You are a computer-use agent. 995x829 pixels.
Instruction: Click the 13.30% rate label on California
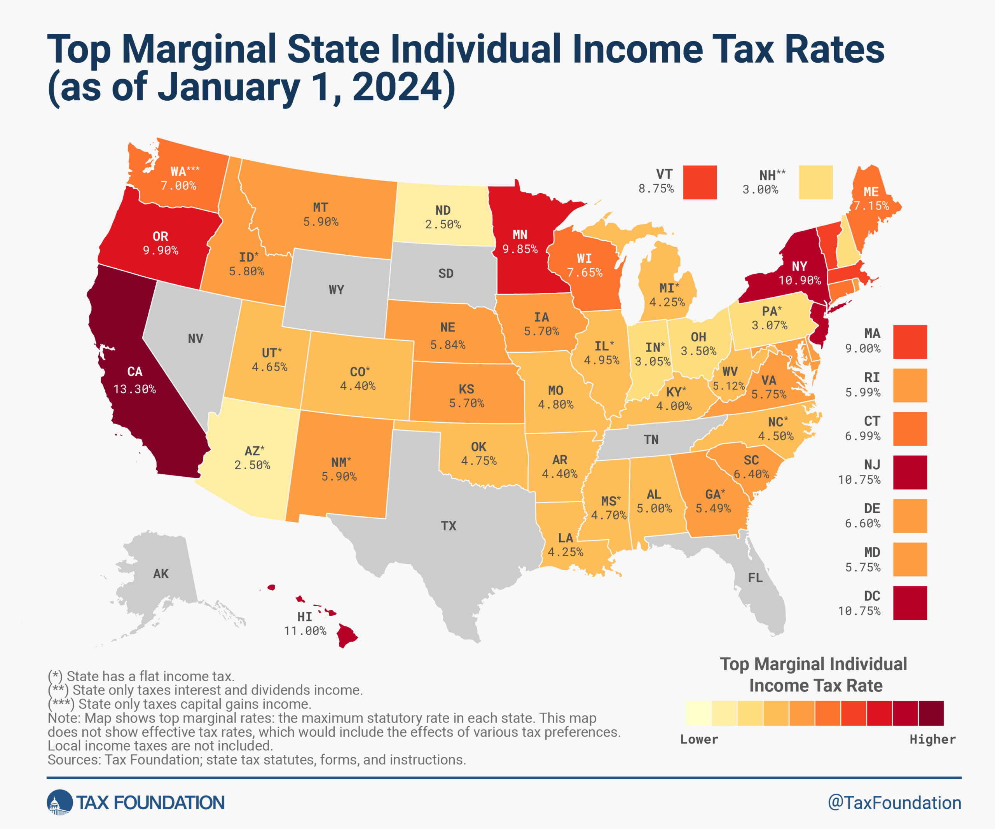(134, 389)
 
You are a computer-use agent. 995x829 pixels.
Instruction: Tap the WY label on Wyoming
(337, 290)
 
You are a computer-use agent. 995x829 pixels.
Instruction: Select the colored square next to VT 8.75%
(700, 182)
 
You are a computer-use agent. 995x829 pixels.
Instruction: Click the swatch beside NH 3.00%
(815, 182)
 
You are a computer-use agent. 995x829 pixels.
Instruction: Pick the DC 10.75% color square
(910, 603)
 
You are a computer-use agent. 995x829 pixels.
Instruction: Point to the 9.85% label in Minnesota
(520, 249)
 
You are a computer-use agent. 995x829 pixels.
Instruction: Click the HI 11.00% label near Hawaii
(305, 624)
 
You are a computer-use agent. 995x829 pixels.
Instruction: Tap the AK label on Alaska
(161, 574)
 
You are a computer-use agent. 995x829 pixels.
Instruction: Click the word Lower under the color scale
(699, 740)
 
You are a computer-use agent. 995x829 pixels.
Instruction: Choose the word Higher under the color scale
(932, 740)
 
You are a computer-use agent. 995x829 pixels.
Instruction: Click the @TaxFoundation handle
(894, 803)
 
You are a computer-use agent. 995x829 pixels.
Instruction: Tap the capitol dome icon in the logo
(59, 803)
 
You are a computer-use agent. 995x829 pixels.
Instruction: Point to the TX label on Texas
(448, 526)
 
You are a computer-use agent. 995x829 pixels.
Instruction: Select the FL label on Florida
(755, 578)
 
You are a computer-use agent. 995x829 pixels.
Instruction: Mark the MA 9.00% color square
(910, 342)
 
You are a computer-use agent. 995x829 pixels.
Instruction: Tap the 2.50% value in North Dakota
(443, 225)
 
